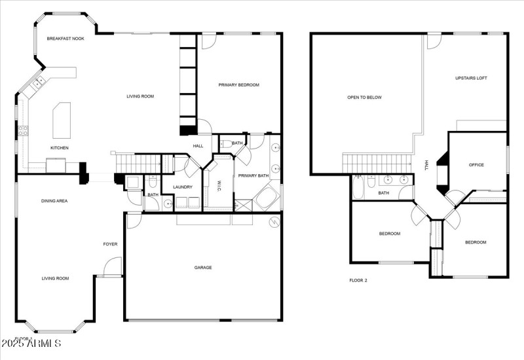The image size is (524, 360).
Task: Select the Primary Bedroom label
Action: (x=239, y=85)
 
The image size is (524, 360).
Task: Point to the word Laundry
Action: (x=182, y=188)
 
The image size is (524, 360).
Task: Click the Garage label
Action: (x=203, y=267)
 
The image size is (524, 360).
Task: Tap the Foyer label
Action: (x=110, y=244)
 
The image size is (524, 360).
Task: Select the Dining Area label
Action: (x=54, y=201)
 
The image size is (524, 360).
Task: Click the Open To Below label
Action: (x=364, y=98)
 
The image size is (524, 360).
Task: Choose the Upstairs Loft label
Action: (x=471, y=78)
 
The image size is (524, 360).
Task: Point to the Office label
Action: (x=476, y=165)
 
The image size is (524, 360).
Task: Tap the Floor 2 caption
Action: (x=358, y=280)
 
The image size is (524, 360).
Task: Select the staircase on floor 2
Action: (x=374, y=161)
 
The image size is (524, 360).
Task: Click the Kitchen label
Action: (x=60, y=148)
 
